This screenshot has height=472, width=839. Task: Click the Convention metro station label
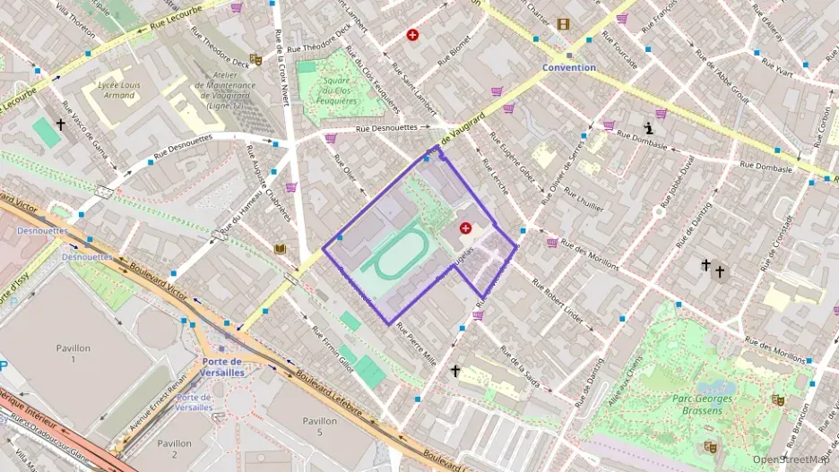tap(568, 67)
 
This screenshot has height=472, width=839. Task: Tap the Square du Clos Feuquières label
tap(335, 90)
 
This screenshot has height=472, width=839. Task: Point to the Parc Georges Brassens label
tap(702, 405)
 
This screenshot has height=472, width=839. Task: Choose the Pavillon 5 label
tap(319, 427)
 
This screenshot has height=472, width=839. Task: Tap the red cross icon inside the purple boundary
tap(465, 228)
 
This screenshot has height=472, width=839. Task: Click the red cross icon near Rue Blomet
tap(412, 35)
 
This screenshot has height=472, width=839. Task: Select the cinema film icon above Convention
tap(562, 24)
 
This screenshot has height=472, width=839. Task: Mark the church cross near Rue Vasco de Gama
tap(61, 126)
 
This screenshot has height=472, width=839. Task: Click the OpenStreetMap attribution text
tap(791, 459)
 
